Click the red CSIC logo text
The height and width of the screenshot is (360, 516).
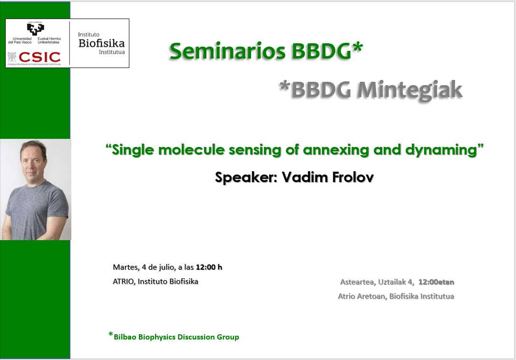[x=40, y=57]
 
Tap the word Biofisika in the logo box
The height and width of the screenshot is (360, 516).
[x=102, y=43]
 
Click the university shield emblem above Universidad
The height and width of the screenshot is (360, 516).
[x=36, y=29]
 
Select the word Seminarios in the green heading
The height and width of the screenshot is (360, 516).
[x=227, y=51]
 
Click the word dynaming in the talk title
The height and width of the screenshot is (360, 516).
[x=441, y=150]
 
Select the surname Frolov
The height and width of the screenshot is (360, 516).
[x=352, y=177]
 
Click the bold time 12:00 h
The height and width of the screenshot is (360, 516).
[x=209, y=267]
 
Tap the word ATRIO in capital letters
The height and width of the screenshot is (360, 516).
[x=123, y=282]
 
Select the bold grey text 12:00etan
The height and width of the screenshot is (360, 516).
[x=437, y=282]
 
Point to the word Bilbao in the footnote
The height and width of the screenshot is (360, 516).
[x=125, y=337]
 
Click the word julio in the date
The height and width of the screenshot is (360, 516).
[x=166, y=267]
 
